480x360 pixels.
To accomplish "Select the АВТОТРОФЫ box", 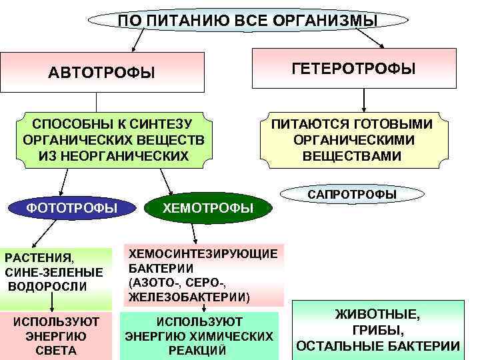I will click(x=101, y=71).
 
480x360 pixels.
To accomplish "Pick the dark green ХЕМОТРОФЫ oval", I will click(x=208, y=209).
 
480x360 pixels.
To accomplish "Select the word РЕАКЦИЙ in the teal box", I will click(x=199, y=351).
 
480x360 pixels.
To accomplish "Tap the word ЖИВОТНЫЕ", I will click(x=377, y=314).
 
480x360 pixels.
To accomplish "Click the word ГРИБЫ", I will click(x=377, y=330).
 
